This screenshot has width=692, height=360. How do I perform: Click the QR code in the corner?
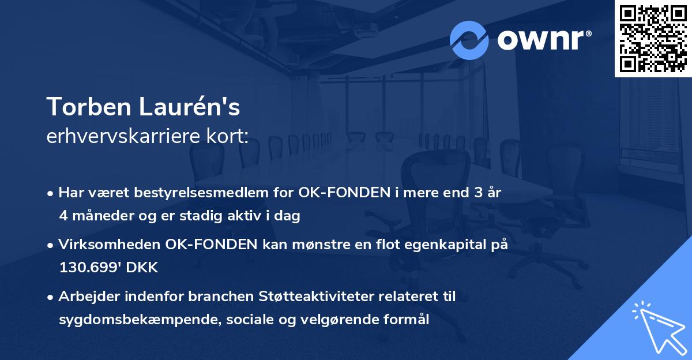click(x=653, y=38)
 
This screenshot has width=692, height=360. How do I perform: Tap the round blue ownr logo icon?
click(x=469, y=40)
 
